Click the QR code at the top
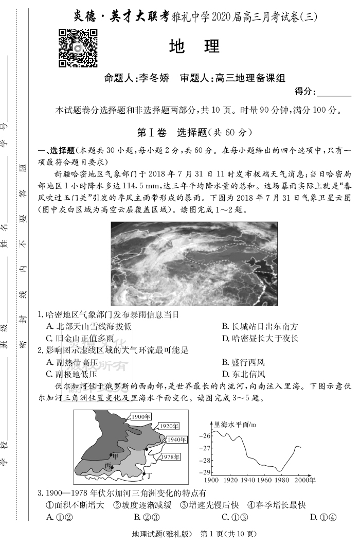point(78,48)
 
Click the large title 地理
point(194,47)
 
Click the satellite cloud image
point(194,263)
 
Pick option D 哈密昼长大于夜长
point(260,338)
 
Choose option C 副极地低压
point(72,374)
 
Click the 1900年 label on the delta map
point(140,416)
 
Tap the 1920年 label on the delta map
point(169,426)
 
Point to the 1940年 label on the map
point(176,439)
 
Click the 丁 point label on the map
point(149,474)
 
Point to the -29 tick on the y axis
point(206,472)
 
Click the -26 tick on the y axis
point(206,435)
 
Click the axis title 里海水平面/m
point(235,425)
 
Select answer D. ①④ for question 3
point(323,517)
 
